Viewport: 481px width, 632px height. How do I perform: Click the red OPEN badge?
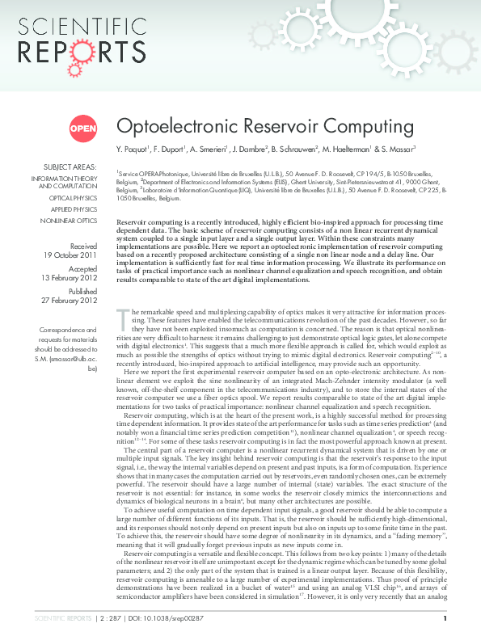pyautogui.click(x=82, y=128)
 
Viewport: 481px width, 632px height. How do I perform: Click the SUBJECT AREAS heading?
pyautogui.click(x=70, y=166)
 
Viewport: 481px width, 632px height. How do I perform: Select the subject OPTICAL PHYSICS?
pyautogui.click(x=73, y=197)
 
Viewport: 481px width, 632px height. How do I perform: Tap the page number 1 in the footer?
pyautogui.click(x=445, y=619)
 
